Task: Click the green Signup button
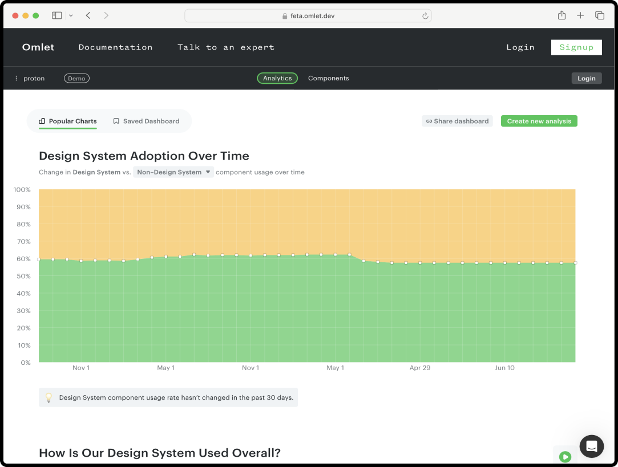[576, 47]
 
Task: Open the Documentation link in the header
[115, 47]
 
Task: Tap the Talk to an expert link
[225, 47]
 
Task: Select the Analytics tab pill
[277, 78]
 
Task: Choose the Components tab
[328, 78]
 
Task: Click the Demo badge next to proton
[76, 78]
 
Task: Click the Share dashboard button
[457, 121]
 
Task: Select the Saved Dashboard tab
[146, 121]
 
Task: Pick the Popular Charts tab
[68, 121]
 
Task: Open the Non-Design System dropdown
[173, 172]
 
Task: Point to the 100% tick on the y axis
[22, 189]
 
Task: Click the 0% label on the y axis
[25, 363]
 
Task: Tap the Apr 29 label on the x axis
[420, 368]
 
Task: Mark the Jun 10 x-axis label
[504, 368]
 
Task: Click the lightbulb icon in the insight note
[49, 397]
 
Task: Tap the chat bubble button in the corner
[591, 446]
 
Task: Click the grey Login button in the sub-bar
[586, 78]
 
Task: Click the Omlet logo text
[38, 47]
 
